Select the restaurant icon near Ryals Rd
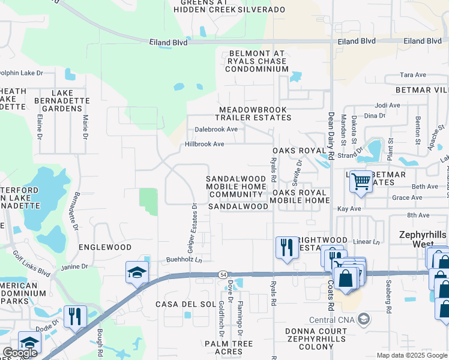tap(286, 247)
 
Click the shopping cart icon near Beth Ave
tap(361, 181)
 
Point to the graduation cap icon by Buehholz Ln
tap(136, 272)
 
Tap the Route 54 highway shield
tap(223, 274)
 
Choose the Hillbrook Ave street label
tap(204, 144)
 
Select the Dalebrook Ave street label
tap(216, 129)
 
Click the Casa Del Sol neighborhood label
tap(185, 304)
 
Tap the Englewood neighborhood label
tap(105, 247)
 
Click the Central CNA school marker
tap(363, 319)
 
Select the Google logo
tap(19, 353)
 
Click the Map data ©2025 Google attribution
tap(412, 355)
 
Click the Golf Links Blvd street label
tap(36, 263)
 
